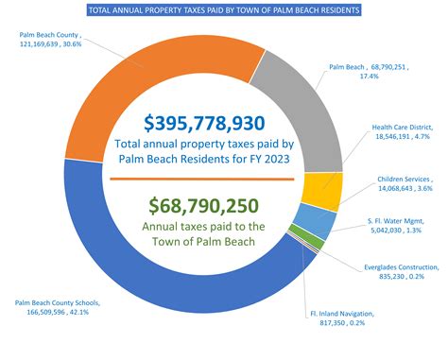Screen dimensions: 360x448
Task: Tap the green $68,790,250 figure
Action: [204, 204]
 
